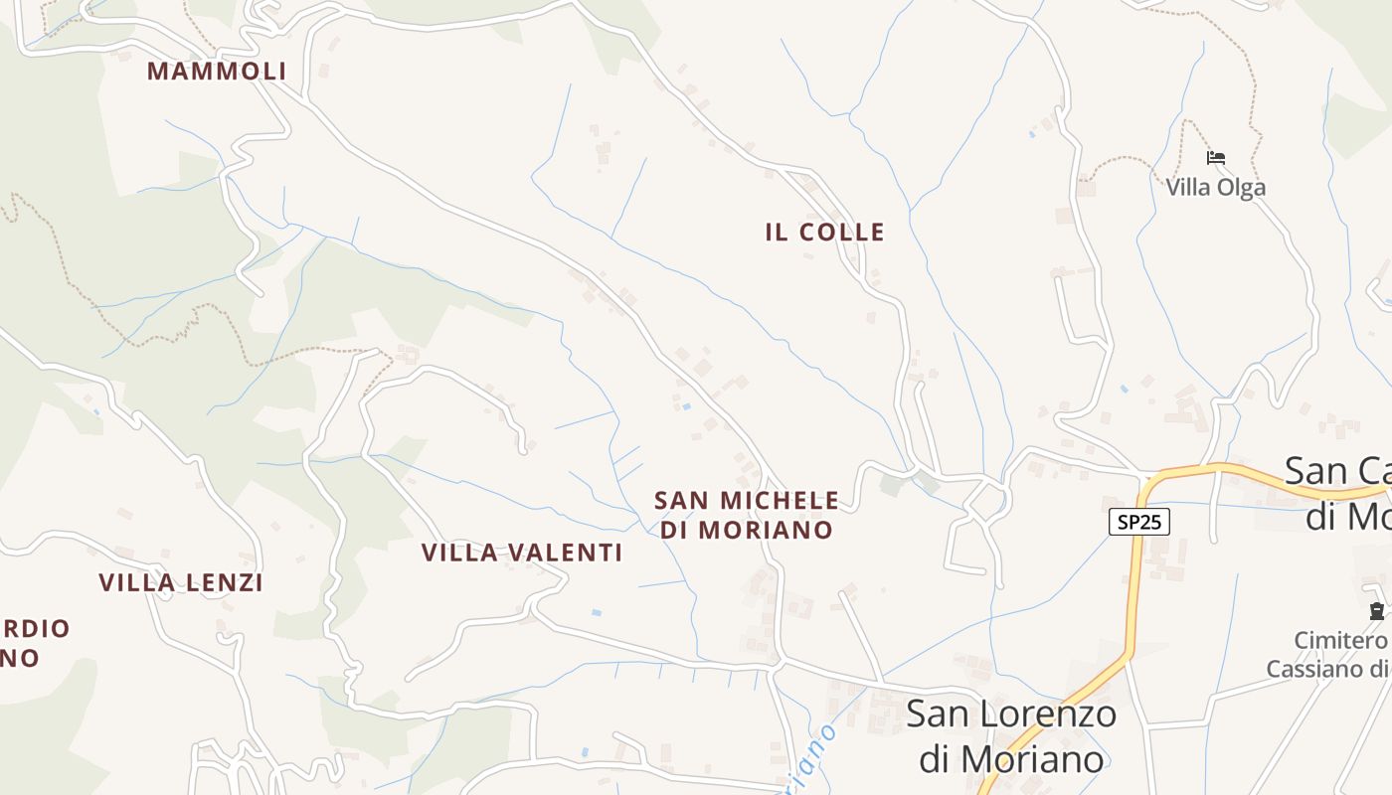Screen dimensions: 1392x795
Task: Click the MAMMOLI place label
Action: pos(217,72)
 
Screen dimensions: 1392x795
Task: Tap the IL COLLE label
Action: pos(824,233)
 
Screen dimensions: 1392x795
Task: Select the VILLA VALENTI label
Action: pos(522,553)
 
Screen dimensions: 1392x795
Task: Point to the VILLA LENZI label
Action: pos(181,583)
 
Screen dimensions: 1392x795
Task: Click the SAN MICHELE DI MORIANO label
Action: pos(746,515)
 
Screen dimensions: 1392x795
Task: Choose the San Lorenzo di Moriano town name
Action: pos(1011,736)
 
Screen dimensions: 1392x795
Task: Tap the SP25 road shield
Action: pos(1138,522)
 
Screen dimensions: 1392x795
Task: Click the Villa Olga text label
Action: pos(1215,188)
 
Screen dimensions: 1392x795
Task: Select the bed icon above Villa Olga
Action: pos(1215,158)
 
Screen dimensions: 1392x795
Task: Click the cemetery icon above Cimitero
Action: pos(1376,611)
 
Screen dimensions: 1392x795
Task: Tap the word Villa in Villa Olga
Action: pos(1187,188)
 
